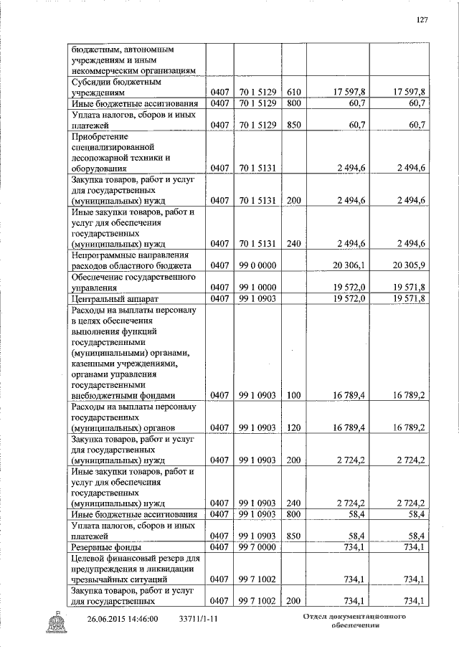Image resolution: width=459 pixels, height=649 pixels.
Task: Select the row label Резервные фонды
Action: tap(105, 549)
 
